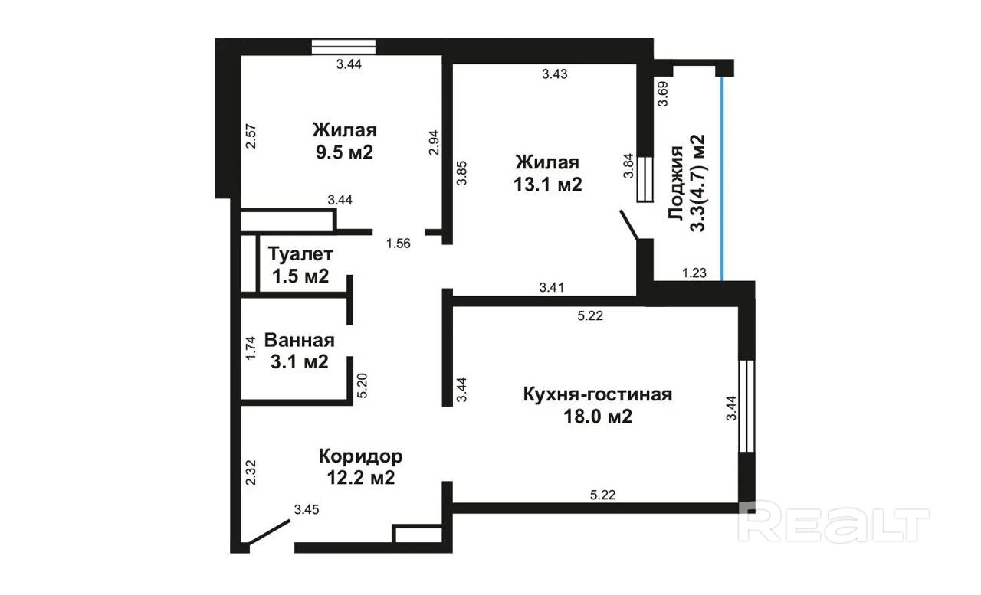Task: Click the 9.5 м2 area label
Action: [344, 152]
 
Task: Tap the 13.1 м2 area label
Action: [547, 185]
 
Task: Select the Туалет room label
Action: [300, 253]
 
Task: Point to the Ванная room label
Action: [300, 340]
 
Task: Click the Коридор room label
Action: [361, 456]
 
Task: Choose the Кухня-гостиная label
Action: [598, 394]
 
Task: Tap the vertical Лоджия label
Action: [676, 183]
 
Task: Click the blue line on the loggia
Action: [721, 178]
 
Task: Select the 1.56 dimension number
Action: [398, 244]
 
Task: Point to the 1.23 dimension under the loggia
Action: [694, 273]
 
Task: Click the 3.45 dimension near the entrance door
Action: [307, 509]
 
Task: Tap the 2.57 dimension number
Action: [251, 136]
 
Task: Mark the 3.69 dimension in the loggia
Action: [663, 93]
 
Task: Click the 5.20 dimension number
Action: [363, 385]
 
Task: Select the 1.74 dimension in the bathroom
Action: [251, 348]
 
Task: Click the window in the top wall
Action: [344, 47]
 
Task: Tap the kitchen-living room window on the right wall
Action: [746, 406]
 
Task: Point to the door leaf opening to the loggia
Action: [629, 225]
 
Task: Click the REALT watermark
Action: [833, 525]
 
